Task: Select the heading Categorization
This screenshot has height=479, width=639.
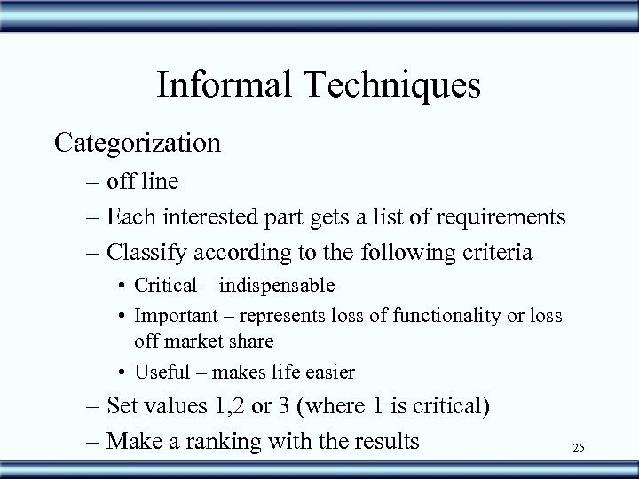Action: (x=138, y=142)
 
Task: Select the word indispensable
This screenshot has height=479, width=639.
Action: (x=278, y=286)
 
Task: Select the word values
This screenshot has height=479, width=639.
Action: (x=176, y=407)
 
